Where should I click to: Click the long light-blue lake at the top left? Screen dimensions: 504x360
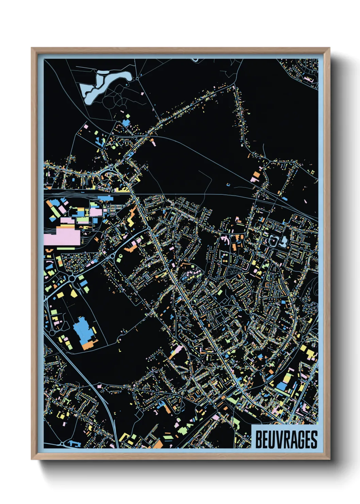[102, 83]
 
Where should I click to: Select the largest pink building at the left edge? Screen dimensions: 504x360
[65, 236]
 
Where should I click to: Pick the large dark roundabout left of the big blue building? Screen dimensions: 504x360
[72, 279]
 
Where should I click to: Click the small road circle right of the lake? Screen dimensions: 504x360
[137, 79]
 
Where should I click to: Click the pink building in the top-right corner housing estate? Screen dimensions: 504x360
[308, 79]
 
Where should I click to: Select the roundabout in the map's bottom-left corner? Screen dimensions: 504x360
[62, 444]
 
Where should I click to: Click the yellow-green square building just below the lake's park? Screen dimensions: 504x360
[128, 116]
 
